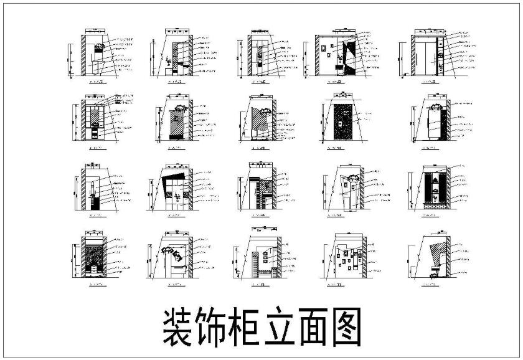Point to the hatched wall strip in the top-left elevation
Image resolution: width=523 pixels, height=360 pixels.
[83, 55]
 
